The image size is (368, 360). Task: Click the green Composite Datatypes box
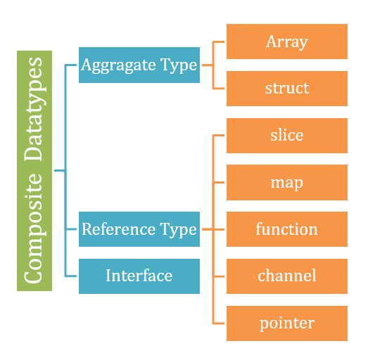[x=34, y=171]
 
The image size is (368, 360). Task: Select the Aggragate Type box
[x=139, y=65]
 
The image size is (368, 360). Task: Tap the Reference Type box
[x=139, y=229]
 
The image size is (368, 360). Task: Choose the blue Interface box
[x=139, y=276]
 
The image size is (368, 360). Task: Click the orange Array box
[x=286, y=41]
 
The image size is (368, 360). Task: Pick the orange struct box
[x=286, y=89]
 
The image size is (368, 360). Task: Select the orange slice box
[x=286, y=136]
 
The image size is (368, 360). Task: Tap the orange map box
[x=286, y=183]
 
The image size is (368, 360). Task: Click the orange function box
[x=286, y=229]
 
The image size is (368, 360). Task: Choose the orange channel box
[x=286, y=276]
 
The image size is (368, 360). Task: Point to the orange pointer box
[x=286, y=323]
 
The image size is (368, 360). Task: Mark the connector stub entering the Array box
[x=219, y=41]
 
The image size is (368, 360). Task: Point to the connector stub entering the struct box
[x=219, y=89]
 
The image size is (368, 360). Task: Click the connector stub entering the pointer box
[x=219, y=323]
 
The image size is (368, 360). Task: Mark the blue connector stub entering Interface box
[x=71, y=276]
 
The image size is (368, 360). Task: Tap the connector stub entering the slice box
[x=219, y=136]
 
